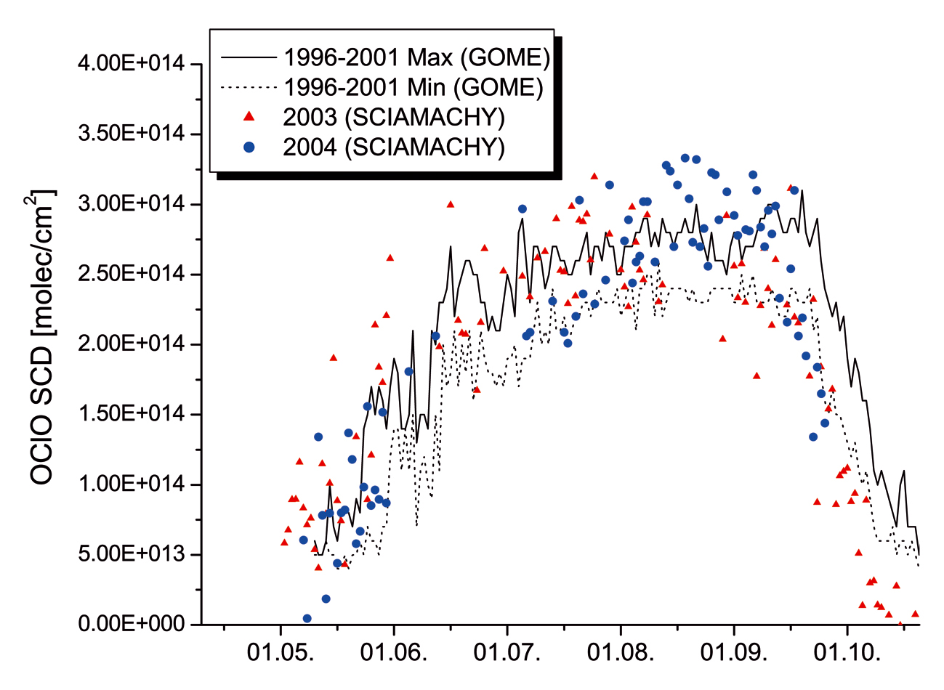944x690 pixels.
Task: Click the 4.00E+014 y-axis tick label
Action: [131, 64]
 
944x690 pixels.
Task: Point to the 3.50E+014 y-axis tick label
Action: [131, 134]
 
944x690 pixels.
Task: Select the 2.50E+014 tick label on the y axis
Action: [131, 275]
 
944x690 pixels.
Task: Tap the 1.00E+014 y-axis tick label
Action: [131, 484]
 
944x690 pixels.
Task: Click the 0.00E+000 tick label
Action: [131, 625]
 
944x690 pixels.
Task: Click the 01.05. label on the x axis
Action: [281, 652]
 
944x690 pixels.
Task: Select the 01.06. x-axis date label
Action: [394, 652]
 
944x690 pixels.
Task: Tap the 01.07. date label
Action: [507, 652]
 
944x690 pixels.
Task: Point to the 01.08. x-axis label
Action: [621, 652]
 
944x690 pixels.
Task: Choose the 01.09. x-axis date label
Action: [734, 652]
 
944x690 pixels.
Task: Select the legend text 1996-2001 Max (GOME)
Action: [416, 57]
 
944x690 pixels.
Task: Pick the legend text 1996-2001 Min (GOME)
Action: [413, 87]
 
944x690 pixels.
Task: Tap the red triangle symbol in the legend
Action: [249, 116]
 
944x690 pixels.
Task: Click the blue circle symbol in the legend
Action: [249, 147]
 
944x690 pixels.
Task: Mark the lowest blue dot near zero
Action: [307, 618]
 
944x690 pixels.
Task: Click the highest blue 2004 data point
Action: [685, 158]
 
